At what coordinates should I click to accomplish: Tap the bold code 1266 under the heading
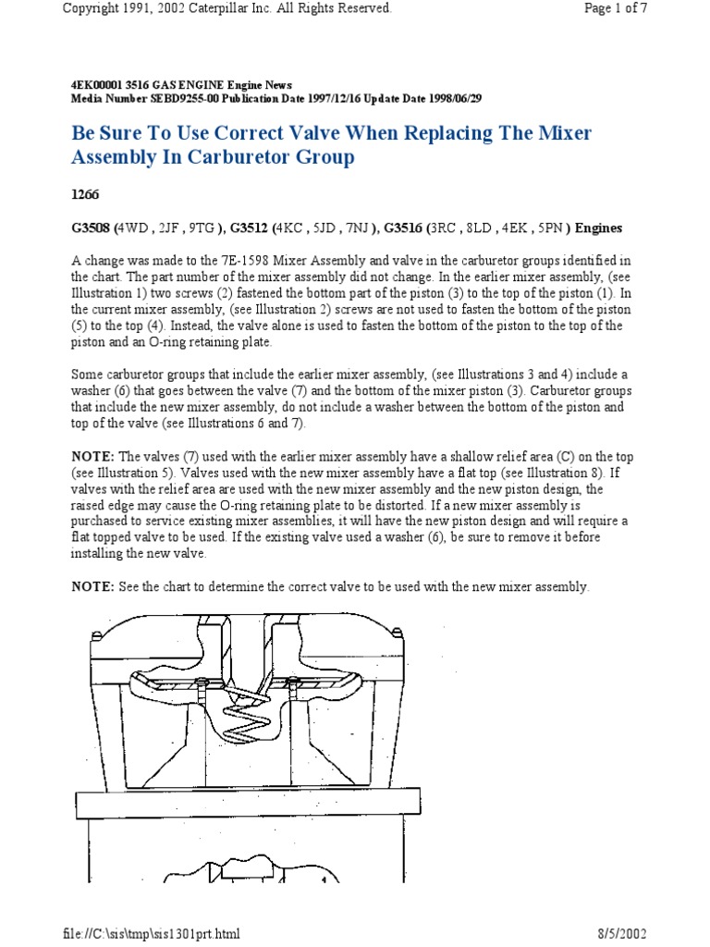click(86, 195)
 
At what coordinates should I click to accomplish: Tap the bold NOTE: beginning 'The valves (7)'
click(92, 458)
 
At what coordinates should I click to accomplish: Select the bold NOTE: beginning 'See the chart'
click(92, 587)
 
